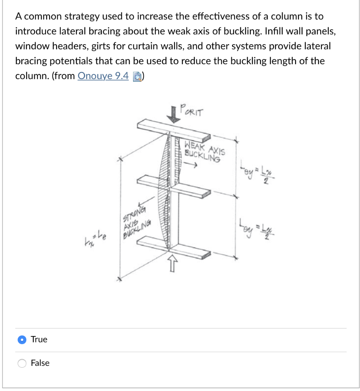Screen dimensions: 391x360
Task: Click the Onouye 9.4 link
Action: pyautogui.click(x=103, y=76)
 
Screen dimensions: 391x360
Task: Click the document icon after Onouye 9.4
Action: pyautogui.click(x=136, y=76)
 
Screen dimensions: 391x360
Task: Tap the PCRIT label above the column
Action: pyautogui.click(x=192, y=112)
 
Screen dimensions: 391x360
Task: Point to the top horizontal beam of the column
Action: pyautogui.click(x=174, y=130)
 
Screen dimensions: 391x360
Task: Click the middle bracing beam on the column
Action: pyautogui.click(x=174, y=185)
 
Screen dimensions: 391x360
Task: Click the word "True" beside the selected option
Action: pyautogui.click(x=39, y=339)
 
